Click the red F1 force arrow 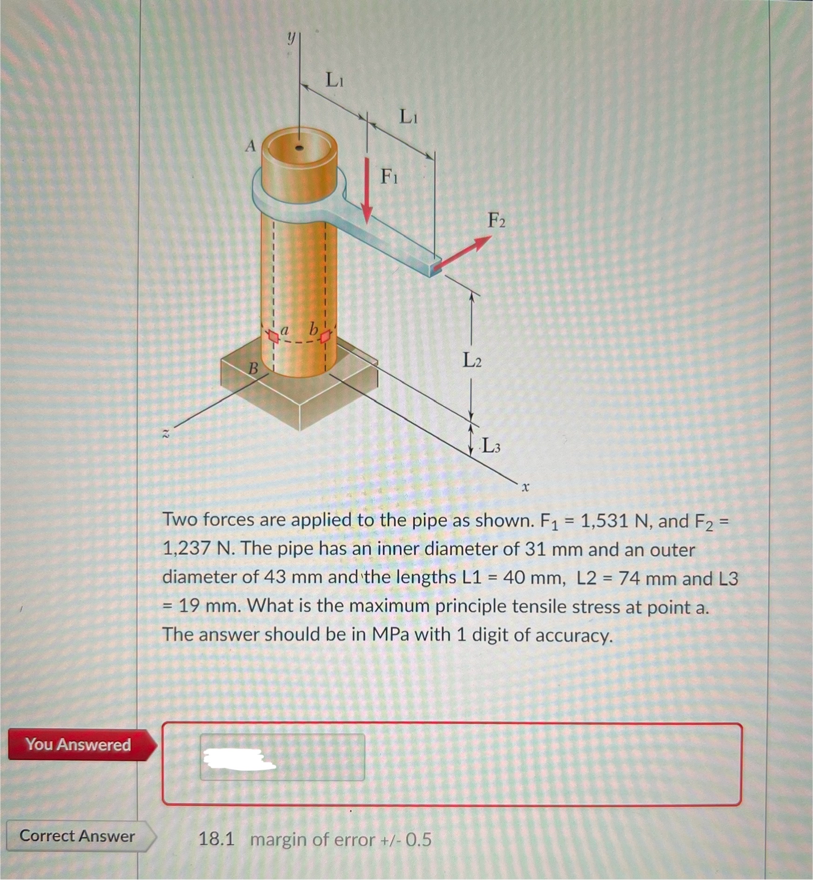click(367, 191)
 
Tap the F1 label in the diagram click(389, 177)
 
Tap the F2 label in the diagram click(496, 220)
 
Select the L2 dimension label click(471, 360)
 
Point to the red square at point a click(272, 335)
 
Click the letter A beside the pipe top click(251, 147)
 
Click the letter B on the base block click(253, 369)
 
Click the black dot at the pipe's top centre click(300, 148)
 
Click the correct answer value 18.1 click(216, 840)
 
